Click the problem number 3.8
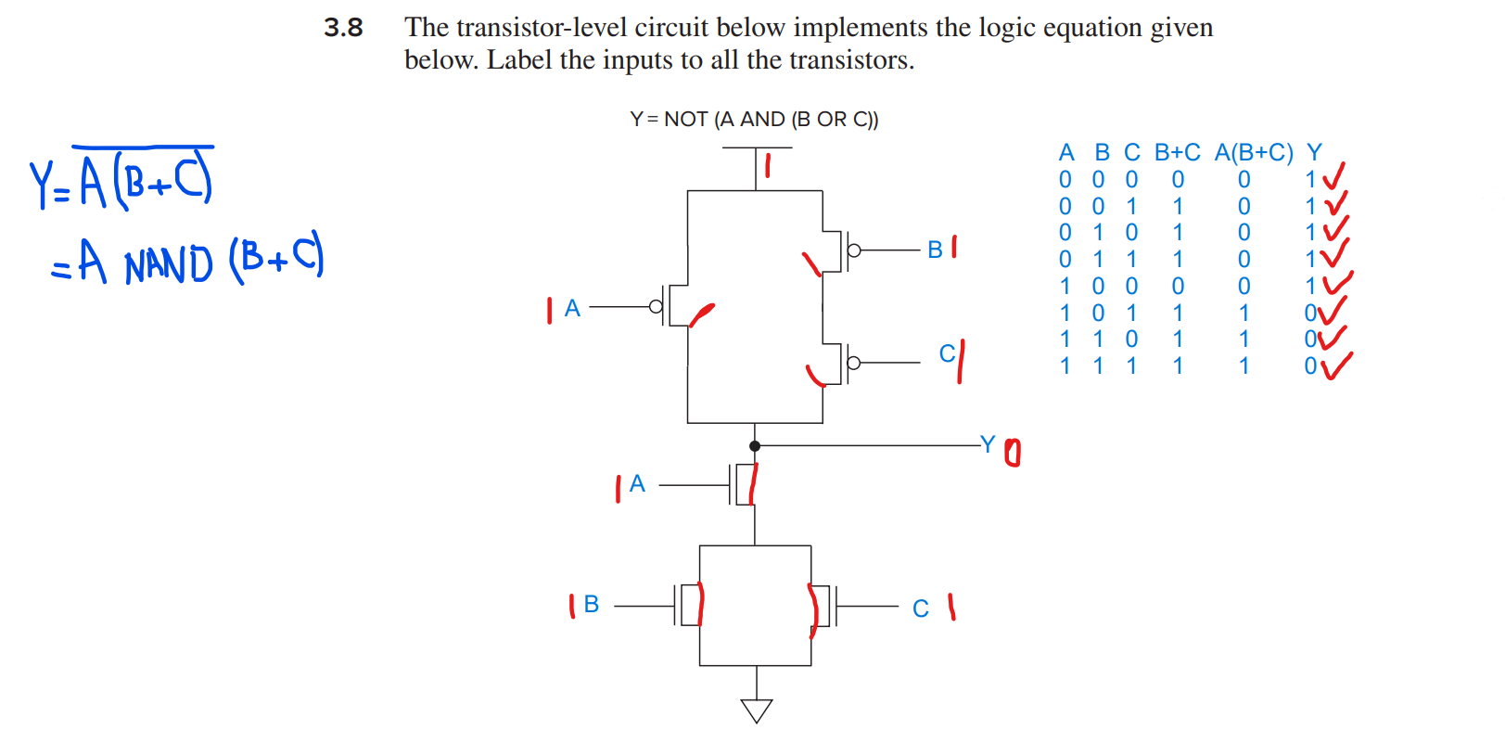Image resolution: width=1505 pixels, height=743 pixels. click(343, 28)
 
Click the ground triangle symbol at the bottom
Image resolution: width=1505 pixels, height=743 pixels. click(757, 711)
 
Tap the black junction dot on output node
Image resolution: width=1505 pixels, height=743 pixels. click(755, 446)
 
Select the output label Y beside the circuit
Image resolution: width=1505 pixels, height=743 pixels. click(988, 444)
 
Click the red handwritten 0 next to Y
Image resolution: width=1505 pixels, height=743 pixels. click(1012, 454)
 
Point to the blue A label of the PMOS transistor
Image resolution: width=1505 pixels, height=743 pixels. click(572, 308)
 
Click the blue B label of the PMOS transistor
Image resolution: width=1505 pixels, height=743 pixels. click(935, 250)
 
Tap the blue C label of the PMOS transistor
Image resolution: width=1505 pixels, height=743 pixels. click(947, 353)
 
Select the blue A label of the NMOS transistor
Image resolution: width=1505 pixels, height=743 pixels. click(637, 483)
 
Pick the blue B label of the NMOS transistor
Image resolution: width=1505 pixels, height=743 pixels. click(592, 605)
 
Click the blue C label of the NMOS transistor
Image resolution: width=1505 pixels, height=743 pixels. click(921, 608)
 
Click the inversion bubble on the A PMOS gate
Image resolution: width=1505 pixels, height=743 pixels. click(657, 307)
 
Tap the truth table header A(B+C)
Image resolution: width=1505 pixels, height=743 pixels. click(1254, 152)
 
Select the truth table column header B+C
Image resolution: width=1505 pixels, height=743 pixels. click(1177, 152)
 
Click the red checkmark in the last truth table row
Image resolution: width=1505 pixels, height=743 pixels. click(1335, 365)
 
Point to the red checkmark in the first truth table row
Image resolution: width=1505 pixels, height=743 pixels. click(1333, 175)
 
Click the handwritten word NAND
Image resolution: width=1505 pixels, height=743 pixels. click(169, 265)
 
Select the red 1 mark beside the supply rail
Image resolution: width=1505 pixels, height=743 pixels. click(768, 167)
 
